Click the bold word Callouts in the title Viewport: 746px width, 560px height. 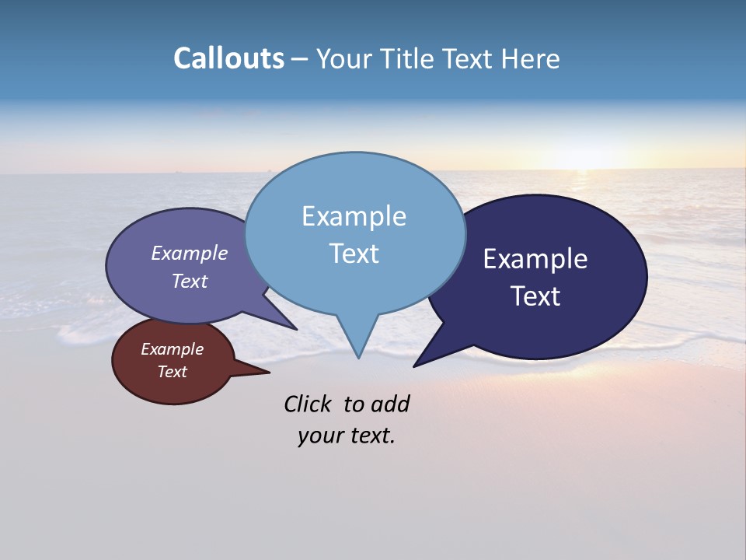click(x=228, y=58)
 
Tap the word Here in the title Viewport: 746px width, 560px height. click(x=530, y=58)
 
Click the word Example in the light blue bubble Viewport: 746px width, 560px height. click(x=354, y=216)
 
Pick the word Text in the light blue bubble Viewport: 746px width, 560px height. click(x=354, y=254)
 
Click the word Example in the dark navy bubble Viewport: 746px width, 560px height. click(x=535, y=259)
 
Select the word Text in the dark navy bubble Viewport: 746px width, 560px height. click(x=535, y=296)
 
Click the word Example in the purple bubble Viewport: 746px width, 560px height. click(x=189, y=254)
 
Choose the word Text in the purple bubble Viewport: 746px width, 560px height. click(x=189, y=282)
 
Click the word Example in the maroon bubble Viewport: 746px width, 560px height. click(x=172, y=349)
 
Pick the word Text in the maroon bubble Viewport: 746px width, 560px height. click(x=172, y=372)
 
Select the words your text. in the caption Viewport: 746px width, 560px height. click(x=347, y=436)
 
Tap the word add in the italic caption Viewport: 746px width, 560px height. click(x=389, y=404)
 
